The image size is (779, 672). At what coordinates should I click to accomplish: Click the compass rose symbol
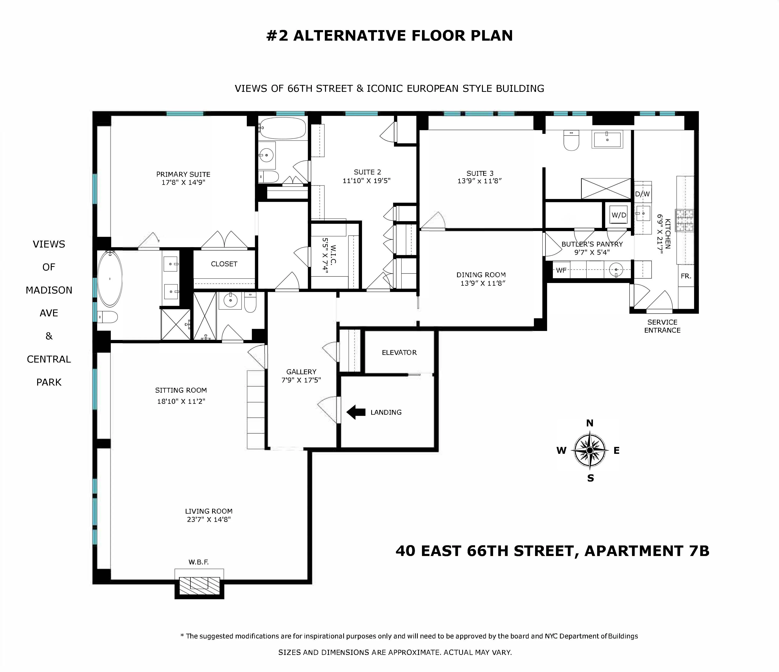[589, 450]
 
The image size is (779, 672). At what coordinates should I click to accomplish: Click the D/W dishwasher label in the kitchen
[642, 194]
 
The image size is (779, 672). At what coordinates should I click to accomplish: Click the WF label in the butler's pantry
[561, 270]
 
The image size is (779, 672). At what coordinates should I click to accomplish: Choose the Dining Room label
[481, 275]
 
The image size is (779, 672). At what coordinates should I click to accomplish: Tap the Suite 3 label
[480, 173]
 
